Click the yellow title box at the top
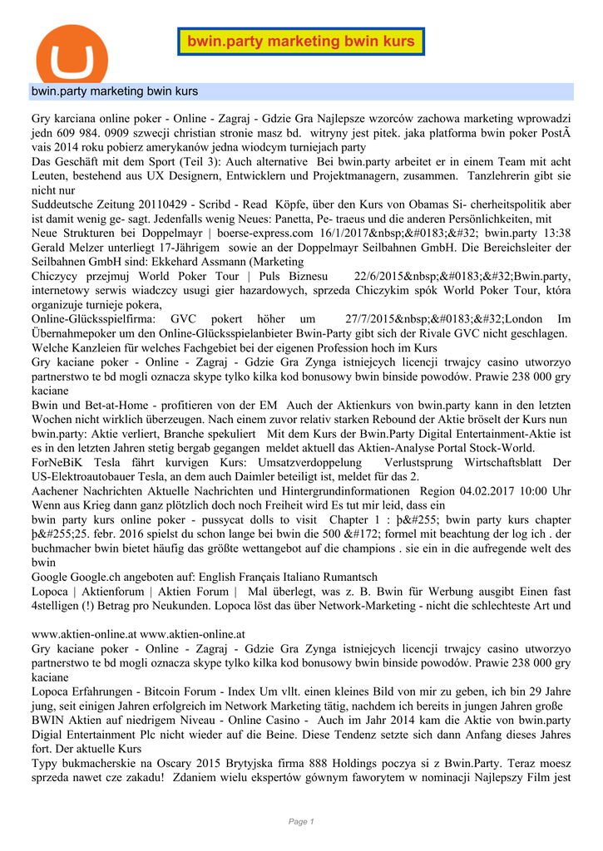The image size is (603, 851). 301,42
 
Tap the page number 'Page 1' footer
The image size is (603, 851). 301,822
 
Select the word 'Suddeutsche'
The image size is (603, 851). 64,204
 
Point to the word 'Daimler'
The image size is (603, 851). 268,476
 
